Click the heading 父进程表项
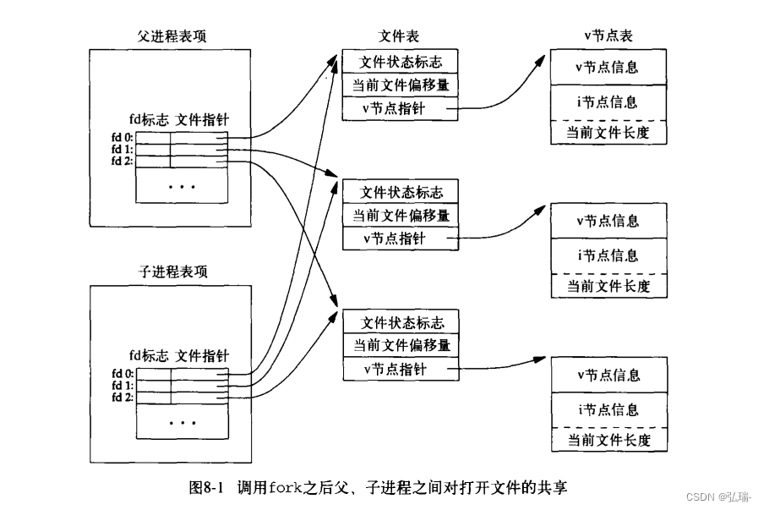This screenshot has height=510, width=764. click(x=171, y=36)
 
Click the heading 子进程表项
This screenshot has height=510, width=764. click(x=171, y=272)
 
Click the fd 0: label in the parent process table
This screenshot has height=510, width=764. click(x=123, y=137)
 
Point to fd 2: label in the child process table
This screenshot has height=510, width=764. click(x=123, y=397)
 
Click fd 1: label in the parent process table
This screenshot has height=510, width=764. click(x=123, y=149)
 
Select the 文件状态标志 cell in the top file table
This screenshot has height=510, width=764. click(x=401, y=62)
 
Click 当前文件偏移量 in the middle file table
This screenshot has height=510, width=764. click(x=401, y=215)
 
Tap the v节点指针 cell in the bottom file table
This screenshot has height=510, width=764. click(x=394, y=370)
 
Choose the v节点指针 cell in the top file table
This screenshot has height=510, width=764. click(x=394, y=107)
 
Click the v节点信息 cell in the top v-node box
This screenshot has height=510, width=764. click(x=608, y=67)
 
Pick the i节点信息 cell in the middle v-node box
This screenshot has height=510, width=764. click(x=608, y=255)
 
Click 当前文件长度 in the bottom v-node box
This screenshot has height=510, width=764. click(x=608, y=440)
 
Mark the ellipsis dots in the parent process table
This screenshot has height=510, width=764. click(x=182, y=185)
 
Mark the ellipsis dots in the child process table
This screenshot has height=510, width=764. click(x=182, y=420)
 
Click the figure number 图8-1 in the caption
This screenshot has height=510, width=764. click(x=208, y=488)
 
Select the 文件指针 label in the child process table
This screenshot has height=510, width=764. click(x=202, y=355)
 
